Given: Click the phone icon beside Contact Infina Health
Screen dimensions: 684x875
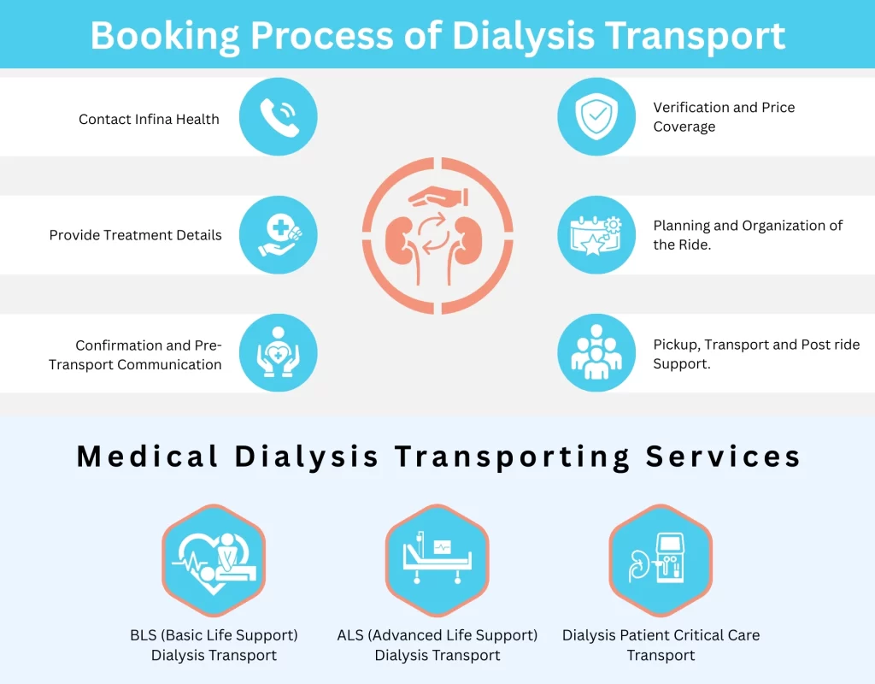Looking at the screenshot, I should pyautogui.click(x=278, y=117).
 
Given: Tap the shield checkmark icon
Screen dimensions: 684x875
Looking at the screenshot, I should pyautogui.click(x=596, y=117).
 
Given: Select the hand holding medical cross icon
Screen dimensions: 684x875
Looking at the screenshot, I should pyautogui.click(x=278, y=235).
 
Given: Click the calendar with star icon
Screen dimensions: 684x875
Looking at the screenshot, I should pyautogui.click(x=596, y=235).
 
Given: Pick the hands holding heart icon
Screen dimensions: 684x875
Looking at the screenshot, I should pyautogui.click(x=278, y=353).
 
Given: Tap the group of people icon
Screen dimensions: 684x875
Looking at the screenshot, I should pyautogui.click(x=596, y=353).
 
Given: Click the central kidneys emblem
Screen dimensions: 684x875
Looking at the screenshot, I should pyautogui.click(x=437, y=235).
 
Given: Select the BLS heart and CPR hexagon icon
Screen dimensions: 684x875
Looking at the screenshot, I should pyautogui.click(x=214, y=561).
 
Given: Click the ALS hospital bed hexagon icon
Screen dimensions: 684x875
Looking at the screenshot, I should pyautogui.click(x=437, y=561).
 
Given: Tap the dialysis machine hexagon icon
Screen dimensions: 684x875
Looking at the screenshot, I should pyautogui.click(x=661, y=561).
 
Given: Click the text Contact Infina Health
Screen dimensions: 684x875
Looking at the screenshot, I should pyautogui.click(x=149, y=120).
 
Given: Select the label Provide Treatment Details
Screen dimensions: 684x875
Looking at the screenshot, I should pyautogui.click(x=135, y=235).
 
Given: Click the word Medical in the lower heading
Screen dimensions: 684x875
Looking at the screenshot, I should pyautogui.click(x=148, y=457).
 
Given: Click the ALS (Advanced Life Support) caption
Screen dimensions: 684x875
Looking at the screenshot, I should pyautogui.click(x=437, y=635).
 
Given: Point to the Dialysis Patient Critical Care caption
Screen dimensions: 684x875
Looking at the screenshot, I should pyautogui.click(x=661, y=635).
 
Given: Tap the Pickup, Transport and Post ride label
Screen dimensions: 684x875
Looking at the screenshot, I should pyautogui.click(x=756, y=345).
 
